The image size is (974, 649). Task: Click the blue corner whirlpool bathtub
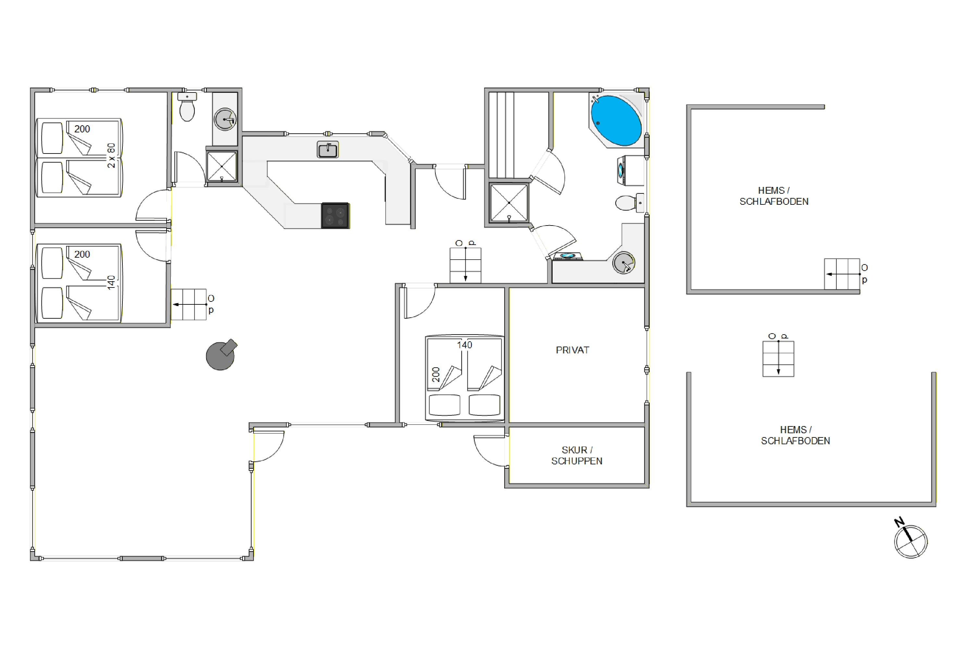pos(616,120)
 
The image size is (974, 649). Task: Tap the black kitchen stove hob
pos(335,215)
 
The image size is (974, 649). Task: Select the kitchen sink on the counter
pos(328,149)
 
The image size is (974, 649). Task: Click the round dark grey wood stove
pos(221,355)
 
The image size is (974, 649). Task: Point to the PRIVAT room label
pos(572,350)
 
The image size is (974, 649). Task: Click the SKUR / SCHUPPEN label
pos(577,455)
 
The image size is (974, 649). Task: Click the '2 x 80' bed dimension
pos(111,155)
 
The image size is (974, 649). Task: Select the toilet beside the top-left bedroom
pos(187,107)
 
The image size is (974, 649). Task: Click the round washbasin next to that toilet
pos(225,119)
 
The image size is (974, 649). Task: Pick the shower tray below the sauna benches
pos(509,203)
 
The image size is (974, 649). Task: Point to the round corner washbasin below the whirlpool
pos(624,263)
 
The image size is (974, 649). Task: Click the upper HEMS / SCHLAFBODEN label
pos(774,196)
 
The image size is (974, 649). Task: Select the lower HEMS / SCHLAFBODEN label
pos(795,435)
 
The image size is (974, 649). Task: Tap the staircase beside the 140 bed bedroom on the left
pos(189,304)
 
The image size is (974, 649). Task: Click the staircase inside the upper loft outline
pos(842,274)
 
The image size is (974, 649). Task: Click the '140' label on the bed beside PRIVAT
pos(465,345)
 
